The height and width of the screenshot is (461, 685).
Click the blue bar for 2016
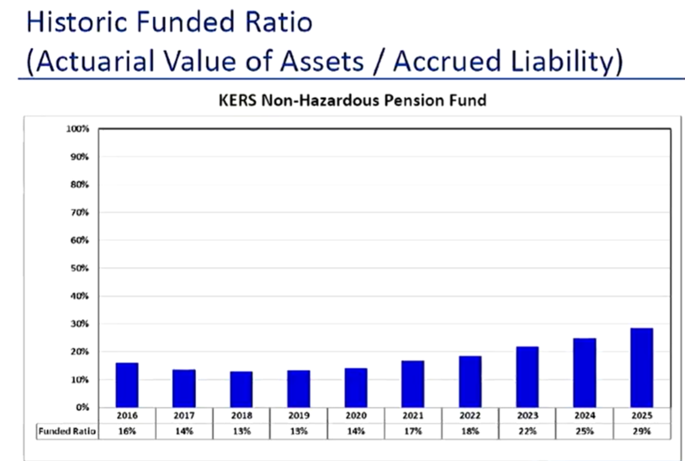(x=127, y=385)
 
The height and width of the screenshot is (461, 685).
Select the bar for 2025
(x=641, y=367)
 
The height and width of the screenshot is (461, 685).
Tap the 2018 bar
(x=241, y=389)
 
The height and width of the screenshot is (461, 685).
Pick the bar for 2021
(x=413, y=384)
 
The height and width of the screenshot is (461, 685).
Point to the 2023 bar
(x=527, y=376)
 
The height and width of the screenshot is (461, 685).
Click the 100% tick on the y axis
(x=78, y=129)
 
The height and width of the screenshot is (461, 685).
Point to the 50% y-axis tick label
(x=80, y=268)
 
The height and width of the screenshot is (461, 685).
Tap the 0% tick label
(x=82, y=408)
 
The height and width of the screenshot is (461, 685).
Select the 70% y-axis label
(x=80, y=212)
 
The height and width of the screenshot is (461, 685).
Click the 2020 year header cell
(x=356, y=415)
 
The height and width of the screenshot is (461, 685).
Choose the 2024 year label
(x=584, y=415)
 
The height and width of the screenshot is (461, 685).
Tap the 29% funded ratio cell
(x=641, y=431)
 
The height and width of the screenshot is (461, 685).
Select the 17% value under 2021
(x=413, y=431)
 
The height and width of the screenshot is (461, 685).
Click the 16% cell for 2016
(x=127, y=431)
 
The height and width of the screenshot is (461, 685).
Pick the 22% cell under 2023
(x=527, y=431)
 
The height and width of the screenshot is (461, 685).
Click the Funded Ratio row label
(x=67, y=431)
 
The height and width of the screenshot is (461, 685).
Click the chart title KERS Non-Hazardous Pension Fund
(x=352, y=100)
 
